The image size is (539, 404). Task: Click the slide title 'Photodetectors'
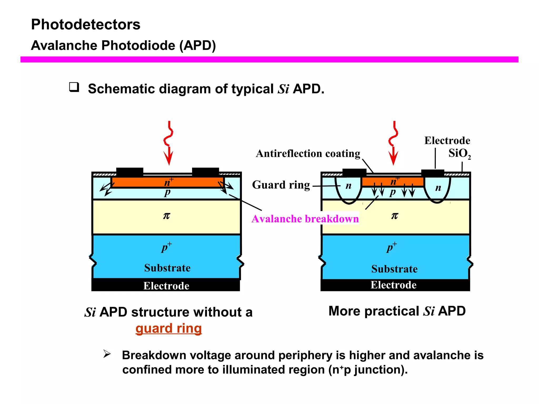click(86, 24)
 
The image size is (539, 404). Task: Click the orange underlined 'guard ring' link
click(168, 328)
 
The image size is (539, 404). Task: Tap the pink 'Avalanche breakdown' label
click(305, 219)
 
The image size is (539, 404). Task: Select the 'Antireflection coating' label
click(308, 153)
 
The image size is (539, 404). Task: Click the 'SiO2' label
click(459, 153)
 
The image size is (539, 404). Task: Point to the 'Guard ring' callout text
click(281, 185)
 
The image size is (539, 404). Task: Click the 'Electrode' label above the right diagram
click(447, 140)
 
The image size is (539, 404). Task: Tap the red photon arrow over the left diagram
click(169, 143)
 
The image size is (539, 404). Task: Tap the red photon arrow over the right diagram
click(393, 143)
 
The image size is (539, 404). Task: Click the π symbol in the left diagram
click(167, 216)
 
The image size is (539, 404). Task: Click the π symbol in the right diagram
click(395, 216)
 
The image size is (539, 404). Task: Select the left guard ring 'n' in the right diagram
click(348, 186)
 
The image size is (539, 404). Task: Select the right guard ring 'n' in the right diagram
click(438, 188)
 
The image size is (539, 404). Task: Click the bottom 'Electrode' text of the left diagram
click(166, 286)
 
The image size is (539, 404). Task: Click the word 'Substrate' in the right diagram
click(394, 269)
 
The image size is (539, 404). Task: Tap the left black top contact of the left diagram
click(130, 172)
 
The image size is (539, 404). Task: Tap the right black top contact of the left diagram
click(205, 172)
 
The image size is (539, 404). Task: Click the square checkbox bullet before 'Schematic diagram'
click(74, 87)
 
